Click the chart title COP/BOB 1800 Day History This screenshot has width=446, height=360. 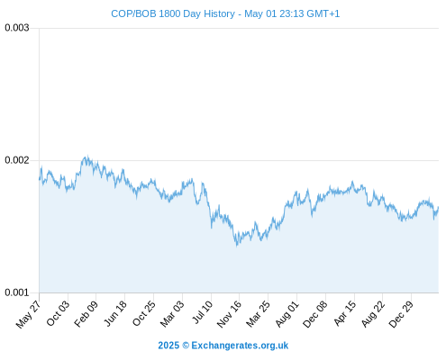pos(173,13)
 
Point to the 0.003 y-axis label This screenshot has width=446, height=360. pos(17,28)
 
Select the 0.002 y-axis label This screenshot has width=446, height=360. pos(17,160)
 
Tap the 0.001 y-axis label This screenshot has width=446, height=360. pos(17,292)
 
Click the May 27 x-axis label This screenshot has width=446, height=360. pos(28,314)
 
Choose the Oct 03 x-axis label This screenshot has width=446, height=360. pos(58,313)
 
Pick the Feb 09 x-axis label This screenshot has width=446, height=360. pos(86,313)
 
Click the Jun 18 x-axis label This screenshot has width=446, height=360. pos(115,313)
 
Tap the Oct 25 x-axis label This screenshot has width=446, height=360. pos(144,313)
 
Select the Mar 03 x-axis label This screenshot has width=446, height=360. pos(172,313)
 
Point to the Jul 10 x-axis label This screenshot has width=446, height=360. pos(203,312)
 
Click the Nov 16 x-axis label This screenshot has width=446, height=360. pos(229,314)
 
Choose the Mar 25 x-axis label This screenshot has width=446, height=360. pos(258,313)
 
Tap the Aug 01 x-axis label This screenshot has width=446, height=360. pos(287,313)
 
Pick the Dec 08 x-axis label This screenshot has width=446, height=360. pos(315,314)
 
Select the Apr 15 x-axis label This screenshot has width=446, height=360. pos(345,313)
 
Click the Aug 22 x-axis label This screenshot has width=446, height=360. pos(373,313)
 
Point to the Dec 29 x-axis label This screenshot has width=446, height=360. pos(401,314)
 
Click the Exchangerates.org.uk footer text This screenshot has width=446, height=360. pos(240,346)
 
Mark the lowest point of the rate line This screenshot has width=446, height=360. pos(237,246)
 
